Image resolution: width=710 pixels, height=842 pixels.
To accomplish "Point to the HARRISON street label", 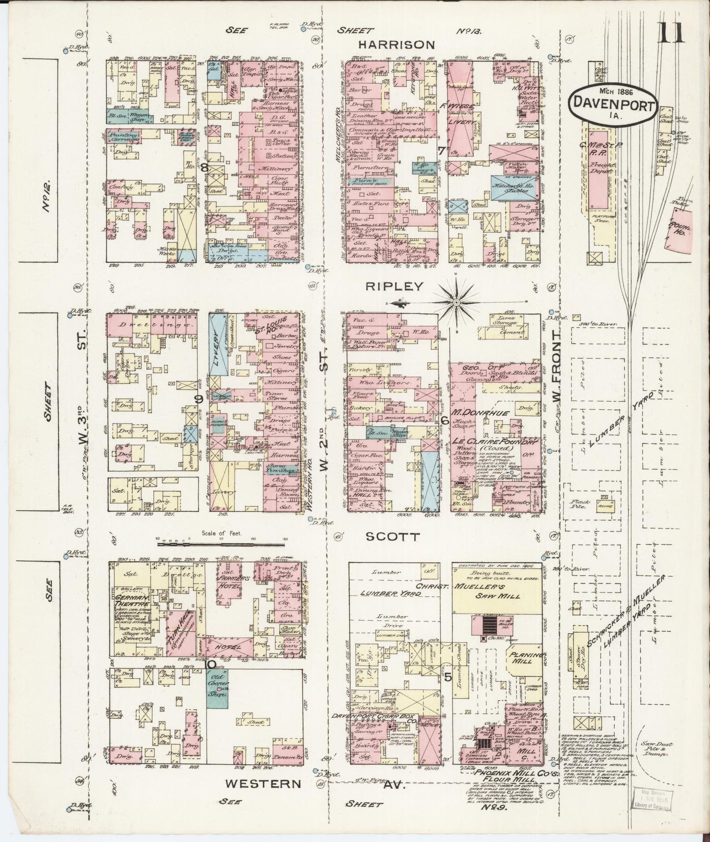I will click(x=396, y=45).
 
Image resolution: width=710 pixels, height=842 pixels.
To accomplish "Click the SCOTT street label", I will click(x=393, y=537).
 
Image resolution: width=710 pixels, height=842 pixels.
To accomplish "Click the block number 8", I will click(x=203, y=168).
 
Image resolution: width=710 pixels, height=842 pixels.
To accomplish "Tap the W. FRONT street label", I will click(x=556, y=369).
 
